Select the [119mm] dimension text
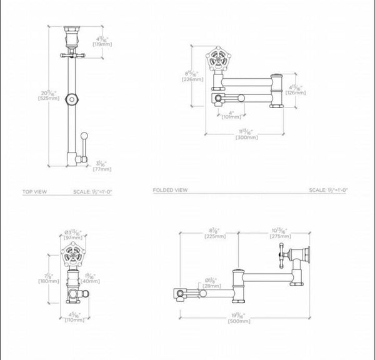(x=102, y=44)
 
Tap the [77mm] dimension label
(x=102, y=169)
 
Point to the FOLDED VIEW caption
(x=171, y=190)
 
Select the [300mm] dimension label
(x=246, y=137)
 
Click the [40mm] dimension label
(x=91, y=281)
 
